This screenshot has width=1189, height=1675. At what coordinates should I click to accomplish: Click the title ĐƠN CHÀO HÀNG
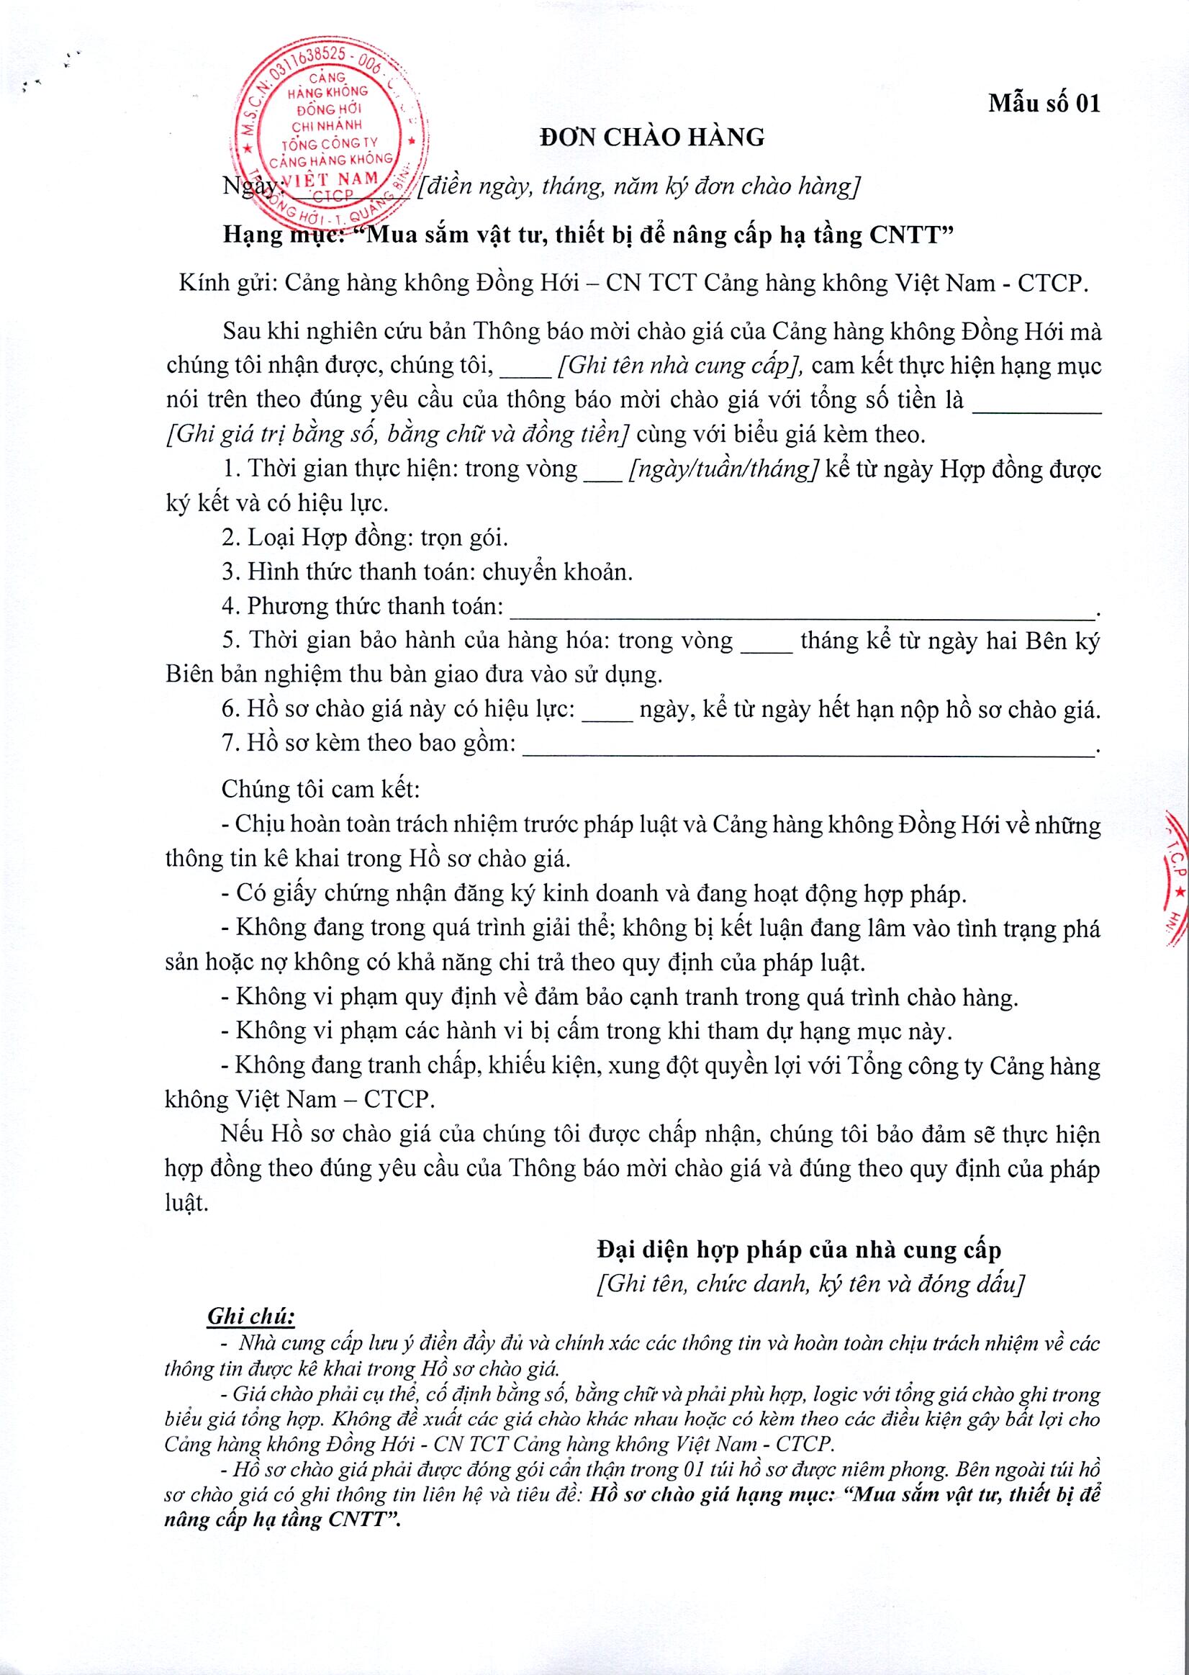tap(651, 137)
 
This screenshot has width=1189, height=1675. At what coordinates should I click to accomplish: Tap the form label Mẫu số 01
tap(1044, 104)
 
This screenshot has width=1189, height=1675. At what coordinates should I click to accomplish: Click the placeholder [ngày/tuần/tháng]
tap(723, 469)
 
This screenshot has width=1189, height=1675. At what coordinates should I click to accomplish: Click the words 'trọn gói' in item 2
tap(464, 538)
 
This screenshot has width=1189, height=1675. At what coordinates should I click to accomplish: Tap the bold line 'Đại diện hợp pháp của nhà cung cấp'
tap(798, 1250)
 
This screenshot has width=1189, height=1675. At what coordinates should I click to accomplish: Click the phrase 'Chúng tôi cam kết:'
tap(320, 790)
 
